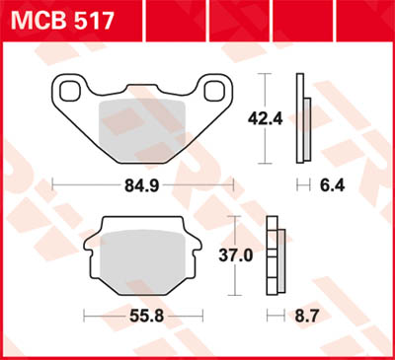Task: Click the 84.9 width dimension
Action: [141, 183]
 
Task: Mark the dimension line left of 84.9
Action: [84, 183]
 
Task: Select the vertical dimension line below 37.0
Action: [233, 280]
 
